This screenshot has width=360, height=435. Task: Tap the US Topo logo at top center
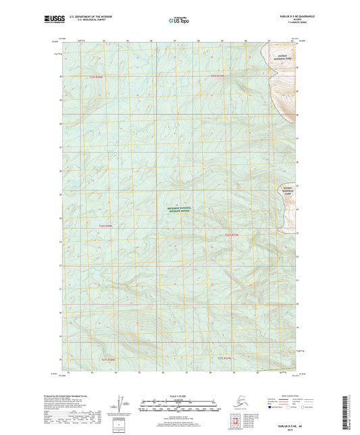click(x=179, y=21)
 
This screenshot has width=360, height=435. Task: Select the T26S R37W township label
click(x=232, y=234)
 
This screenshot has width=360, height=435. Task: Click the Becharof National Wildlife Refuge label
click(x=180, y=211)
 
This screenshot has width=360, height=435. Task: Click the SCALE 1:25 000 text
click(x=179, y=395)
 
